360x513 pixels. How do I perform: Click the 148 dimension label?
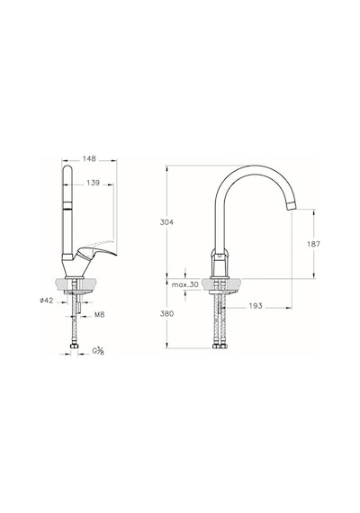pos(89,158)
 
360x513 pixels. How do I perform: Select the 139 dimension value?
pos(93,183)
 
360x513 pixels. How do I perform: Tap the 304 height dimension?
pos(166,222)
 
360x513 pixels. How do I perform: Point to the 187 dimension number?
pos(314,244)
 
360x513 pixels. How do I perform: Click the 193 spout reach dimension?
pos(256,306)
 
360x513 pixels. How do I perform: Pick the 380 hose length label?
pos(166,313)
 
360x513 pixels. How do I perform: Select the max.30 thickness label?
pos(185,284)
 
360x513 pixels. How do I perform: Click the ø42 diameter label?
pos(47,301)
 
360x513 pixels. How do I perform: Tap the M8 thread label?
pos(100,315)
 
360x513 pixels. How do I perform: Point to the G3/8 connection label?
pos(98,352)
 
